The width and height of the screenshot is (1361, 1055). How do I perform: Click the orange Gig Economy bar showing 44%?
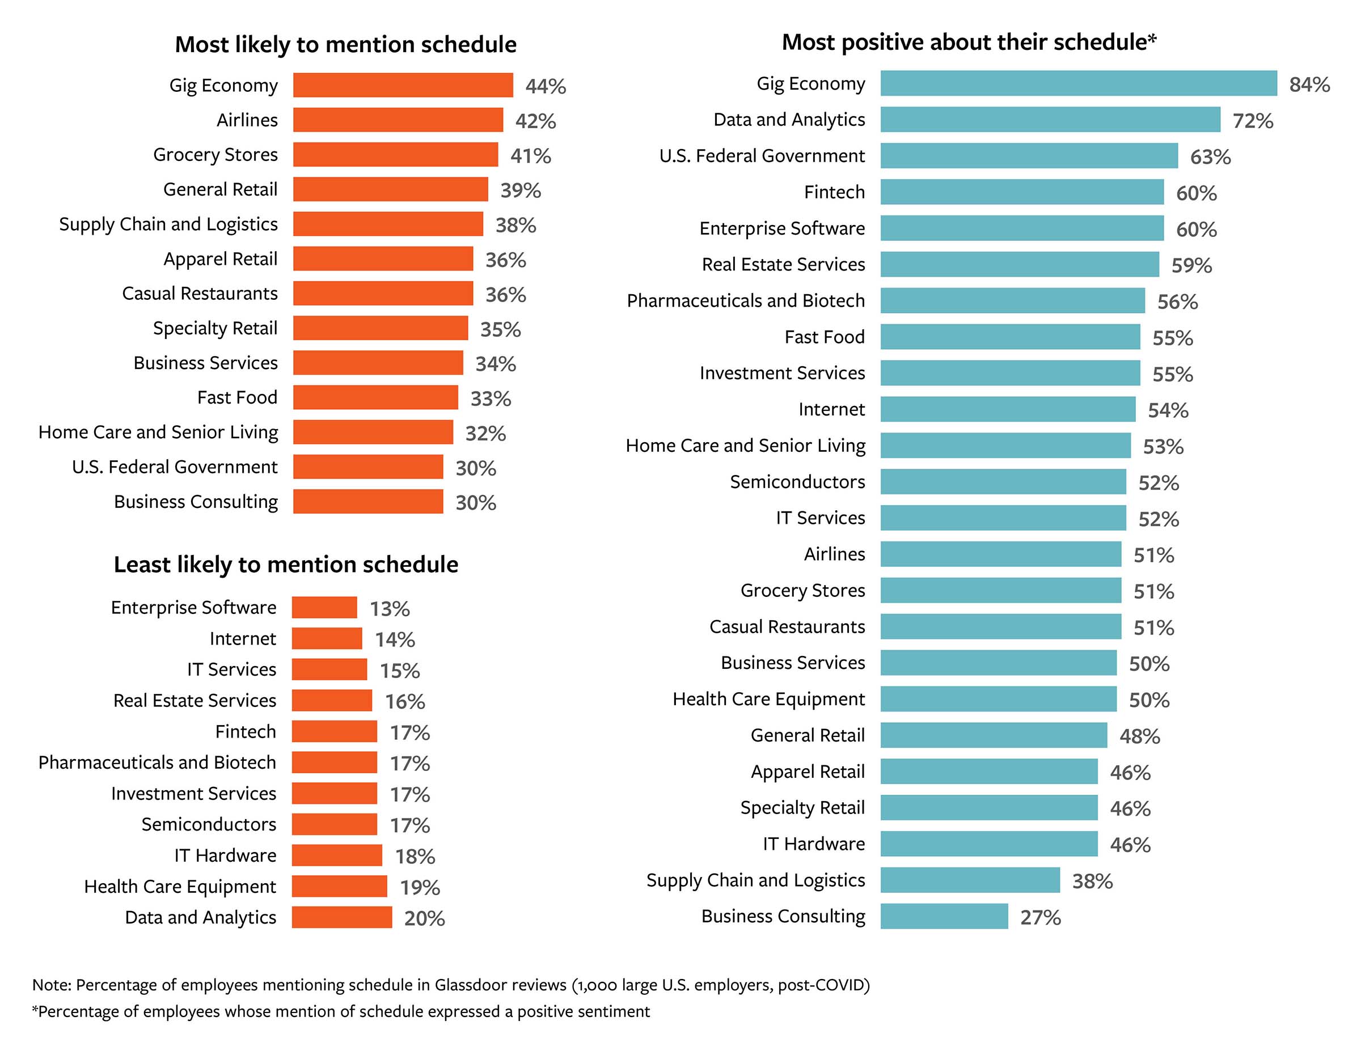pos(403,86)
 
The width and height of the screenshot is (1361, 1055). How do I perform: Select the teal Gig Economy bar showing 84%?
pos(1078,83)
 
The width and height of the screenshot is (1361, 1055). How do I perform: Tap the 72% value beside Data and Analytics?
pos(1253,120)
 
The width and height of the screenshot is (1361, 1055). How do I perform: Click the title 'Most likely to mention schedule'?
pos(345,45)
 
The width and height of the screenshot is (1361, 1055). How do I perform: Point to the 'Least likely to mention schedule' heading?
pos(285,564)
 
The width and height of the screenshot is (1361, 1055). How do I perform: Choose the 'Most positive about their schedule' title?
pos(969,43)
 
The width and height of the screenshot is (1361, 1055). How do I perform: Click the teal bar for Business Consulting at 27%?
pos(944,916)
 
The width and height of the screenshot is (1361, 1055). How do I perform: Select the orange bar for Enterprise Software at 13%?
pos(324,607)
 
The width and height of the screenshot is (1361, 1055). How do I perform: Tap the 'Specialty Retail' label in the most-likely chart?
pos(215,328)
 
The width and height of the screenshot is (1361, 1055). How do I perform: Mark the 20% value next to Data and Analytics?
pos(424,918)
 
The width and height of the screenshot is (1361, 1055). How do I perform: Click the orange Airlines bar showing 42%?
pos(398,120)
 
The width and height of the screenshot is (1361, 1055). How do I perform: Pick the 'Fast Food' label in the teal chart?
pos(824,337)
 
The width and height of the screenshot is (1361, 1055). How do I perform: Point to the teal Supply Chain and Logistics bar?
pos(970,880)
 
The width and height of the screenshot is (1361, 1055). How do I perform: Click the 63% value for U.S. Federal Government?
pos(1210,156)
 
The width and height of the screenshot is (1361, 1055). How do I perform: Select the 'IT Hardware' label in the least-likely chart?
pos(225,855)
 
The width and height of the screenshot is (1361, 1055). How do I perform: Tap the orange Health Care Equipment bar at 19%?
pos(339,886)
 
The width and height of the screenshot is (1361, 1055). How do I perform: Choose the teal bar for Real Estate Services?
pos(1020,264)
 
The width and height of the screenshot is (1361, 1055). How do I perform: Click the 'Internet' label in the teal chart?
pos(831,409)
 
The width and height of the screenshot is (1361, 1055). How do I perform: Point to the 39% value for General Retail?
pos(521,190)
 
